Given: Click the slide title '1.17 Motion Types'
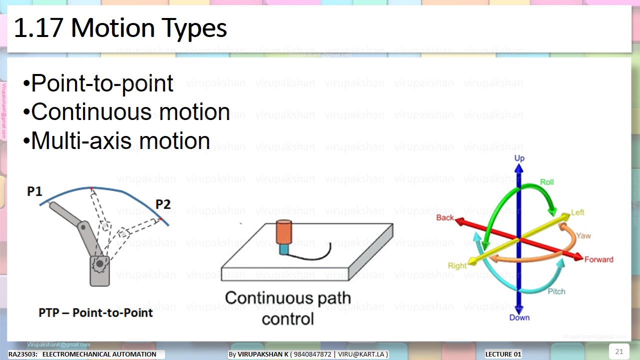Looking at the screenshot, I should [x=120, y=28].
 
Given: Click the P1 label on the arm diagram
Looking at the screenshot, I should [x=34, y=191].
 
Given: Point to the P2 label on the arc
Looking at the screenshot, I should [x=163, y=204].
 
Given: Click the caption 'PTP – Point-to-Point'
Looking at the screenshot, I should [x=95, y=313].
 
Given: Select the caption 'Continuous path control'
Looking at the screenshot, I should [x=288, y=308].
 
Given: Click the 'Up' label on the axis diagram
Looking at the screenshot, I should [x=519, y=158].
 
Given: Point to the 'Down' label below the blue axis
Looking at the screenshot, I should [x=519, y=317].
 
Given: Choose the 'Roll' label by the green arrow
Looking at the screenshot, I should [x=547, y=182].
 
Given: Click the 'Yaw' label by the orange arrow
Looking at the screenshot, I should [x=583, y=235].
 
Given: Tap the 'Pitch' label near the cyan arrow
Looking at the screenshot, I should [x=556, y=291].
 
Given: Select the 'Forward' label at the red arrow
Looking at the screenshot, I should [x=598, y=259].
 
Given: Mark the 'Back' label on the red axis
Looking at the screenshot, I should [x=445, y=217].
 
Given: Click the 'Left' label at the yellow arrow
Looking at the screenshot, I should [x=577, y=212].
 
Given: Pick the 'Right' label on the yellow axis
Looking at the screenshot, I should [x=457, y=266].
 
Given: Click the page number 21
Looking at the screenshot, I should [x=619, y=351].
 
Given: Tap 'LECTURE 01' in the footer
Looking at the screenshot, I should [x=503, y=354].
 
